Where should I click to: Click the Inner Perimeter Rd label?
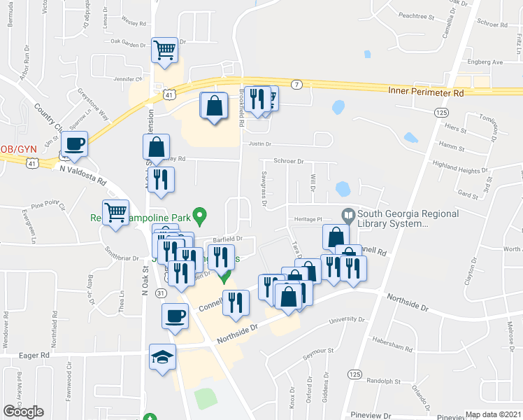[427, 92]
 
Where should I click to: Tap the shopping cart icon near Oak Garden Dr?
[165, 50]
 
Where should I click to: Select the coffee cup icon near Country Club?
[74, 145]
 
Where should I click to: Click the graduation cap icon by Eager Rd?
[162, 358]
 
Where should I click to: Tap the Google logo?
[24, 412]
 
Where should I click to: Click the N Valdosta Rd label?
[83, 174]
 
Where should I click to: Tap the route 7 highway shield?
[298, 85]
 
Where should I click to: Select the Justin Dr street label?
[259, 144]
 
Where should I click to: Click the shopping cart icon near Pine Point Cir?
[115, 212]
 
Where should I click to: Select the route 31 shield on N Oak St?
[161, 292]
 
